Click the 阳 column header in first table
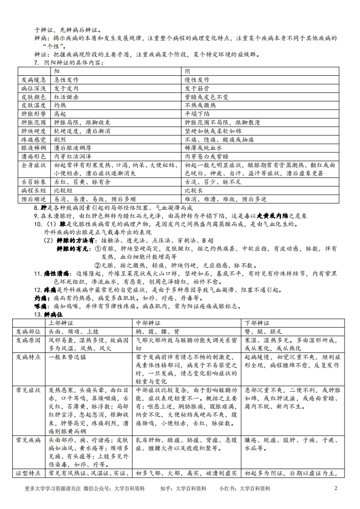[x=57, y=71]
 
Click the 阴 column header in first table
[x=187, y=71]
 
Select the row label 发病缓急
[x=33, y=79]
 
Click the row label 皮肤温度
[x=33, y=105]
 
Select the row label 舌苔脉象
[x=33, y=182]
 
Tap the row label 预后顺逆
[x=33, y=199]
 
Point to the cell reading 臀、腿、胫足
[x=263, y=331]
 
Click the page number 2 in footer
[x=336, y=489]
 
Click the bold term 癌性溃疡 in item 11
[x=56, y=274]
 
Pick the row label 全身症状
[x=33, y=165]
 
